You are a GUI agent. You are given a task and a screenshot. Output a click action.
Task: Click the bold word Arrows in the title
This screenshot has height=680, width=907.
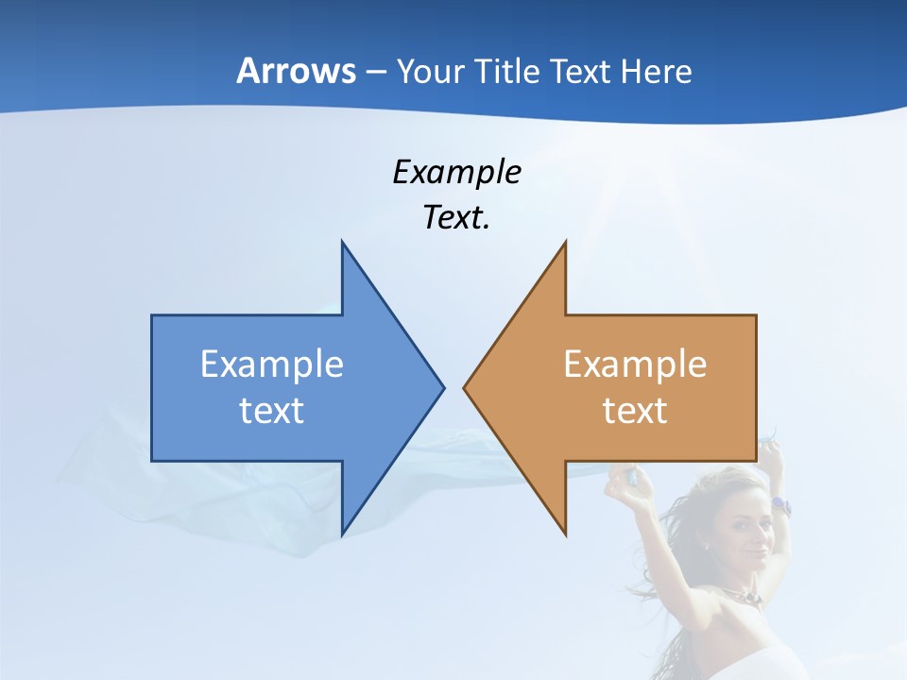(x=296, y=72)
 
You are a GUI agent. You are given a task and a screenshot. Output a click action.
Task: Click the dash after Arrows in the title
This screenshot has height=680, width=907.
(x=375, y=73)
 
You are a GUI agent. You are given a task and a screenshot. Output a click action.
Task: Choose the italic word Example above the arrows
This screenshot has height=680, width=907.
(x=456, y=173)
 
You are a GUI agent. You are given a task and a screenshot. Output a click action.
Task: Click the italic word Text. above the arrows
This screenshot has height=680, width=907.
(x=456, y=217)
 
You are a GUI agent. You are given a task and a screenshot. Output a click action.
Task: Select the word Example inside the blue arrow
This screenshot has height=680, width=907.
(x=272, y=365)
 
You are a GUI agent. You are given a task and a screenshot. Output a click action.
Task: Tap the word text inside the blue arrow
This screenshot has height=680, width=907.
(x=272, y=411)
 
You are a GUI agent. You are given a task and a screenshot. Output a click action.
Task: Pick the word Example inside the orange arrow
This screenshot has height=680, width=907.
(x=635, y=365)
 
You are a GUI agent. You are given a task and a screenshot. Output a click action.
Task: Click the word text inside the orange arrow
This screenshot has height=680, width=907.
(x=635, y=411)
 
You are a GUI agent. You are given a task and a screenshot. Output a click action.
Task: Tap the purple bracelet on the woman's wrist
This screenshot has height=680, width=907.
(x=779, y=505)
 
